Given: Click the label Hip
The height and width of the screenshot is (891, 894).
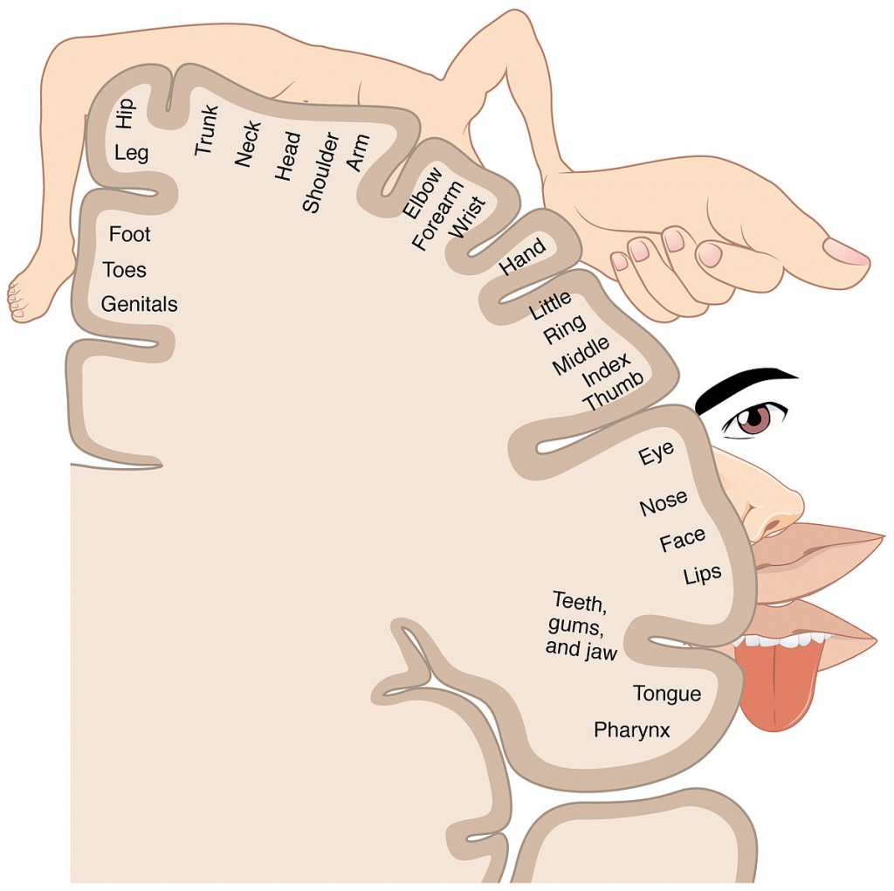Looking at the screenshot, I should point(125,114).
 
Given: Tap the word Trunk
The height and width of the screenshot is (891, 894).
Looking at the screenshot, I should point(206,130).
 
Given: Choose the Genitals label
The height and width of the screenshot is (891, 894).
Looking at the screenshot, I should point(139,304).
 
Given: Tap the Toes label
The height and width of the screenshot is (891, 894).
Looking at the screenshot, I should point(124,270).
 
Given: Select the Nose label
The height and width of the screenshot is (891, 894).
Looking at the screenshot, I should point(664,504).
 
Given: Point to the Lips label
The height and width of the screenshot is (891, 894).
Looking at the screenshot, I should point(703,575).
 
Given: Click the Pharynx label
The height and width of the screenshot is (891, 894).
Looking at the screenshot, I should point(631,729).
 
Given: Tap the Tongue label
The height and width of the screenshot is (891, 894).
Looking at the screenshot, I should point(666,694).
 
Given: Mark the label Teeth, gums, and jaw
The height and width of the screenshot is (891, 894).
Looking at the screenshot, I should point(581,625).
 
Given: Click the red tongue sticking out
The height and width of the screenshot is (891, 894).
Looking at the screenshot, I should point(781,686).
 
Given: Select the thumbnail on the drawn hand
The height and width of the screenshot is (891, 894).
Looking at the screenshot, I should point(846,252).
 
